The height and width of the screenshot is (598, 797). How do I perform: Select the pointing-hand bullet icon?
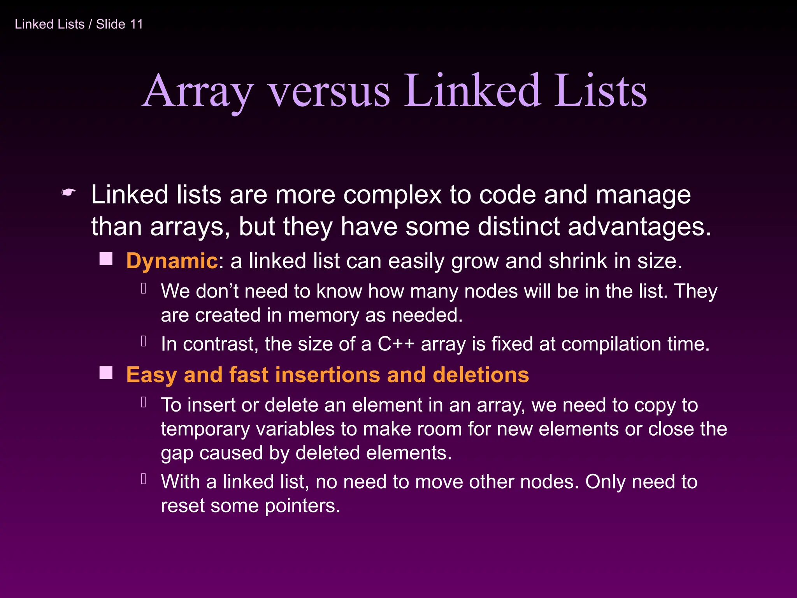[x=68, y=192]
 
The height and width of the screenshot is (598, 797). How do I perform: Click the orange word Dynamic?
[x=172, y=260]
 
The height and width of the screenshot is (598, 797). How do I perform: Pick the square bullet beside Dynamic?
[x=106, y=259]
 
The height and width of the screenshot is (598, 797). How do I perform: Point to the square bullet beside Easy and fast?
[x=106, y=373]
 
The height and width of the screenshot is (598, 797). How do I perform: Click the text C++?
[x=396, y=344]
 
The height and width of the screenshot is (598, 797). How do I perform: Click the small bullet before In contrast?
[x=144, y=341]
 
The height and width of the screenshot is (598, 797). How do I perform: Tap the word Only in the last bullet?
[x=605, y=482]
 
